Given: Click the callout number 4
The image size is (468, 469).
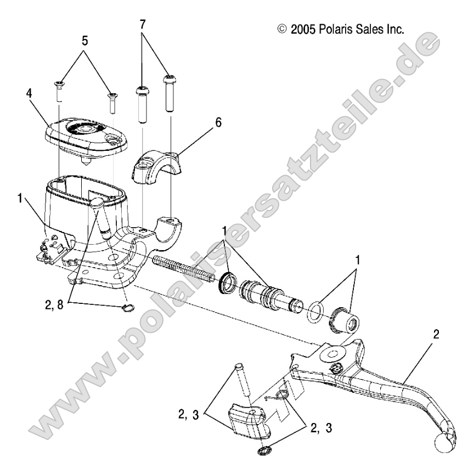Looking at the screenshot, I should [29, 94].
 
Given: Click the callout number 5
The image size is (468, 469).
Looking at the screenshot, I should [85, 41].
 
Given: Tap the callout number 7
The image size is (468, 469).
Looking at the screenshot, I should [143, 25].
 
